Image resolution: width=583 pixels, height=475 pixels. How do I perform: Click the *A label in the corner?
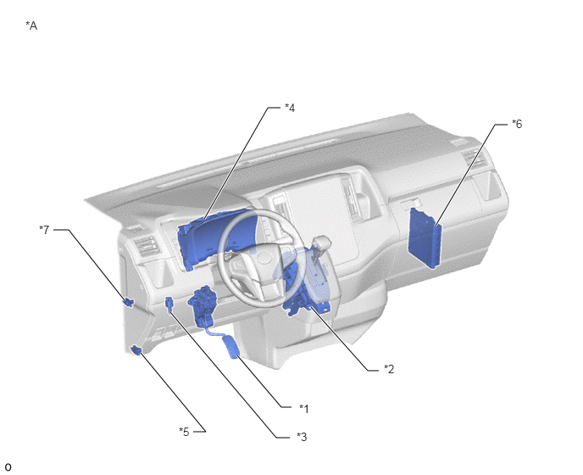click(31, 25)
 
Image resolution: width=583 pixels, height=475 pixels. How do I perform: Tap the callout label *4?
click(290, 108)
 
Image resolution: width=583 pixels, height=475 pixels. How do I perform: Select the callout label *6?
click(517, 124)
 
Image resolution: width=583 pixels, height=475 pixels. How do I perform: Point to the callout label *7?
click(44, 229)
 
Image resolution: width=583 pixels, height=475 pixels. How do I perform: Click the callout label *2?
click(389, 369)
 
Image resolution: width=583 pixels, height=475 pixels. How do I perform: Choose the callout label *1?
click(304, 409)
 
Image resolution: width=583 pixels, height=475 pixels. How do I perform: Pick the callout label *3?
click(302, 437)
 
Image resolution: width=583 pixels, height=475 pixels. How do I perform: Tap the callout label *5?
click(184, 432)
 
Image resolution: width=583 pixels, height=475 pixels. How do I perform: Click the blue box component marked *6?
click(425, 238)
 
